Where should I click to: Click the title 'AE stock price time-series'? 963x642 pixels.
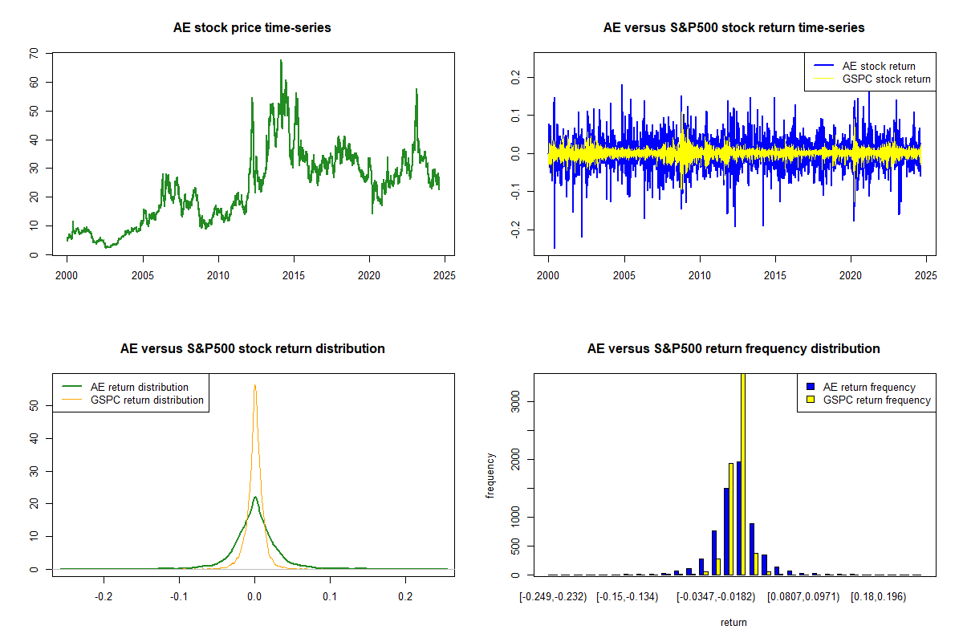pyautogui.click(x=252, y=28)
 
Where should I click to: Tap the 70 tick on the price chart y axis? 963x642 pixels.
pyautogui.click(x=34, y=53)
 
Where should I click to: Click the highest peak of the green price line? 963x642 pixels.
pyautogui.click(x=281, y=60)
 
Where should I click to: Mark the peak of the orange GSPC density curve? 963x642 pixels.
pyautogui.click(x=254, y=385)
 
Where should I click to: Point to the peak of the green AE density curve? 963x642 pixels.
pyautogui.click(x=254, y=497)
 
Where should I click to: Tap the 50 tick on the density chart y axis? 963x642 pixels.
pyautogui.click(x=34, y=406)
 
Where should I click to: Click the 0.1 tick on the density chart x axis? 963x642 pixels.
pyautogui.click(x=330, y=596)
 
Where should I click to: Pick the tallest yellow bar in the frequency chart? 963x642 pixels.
pyautogui.click(x=743, y=473)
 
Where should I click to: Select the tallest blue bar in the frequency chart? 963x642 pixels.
pyautogui.click(x=738, y=518)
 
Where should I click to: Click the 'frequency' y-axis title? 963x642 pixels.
pyautogui.click(x=491, y=475)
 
